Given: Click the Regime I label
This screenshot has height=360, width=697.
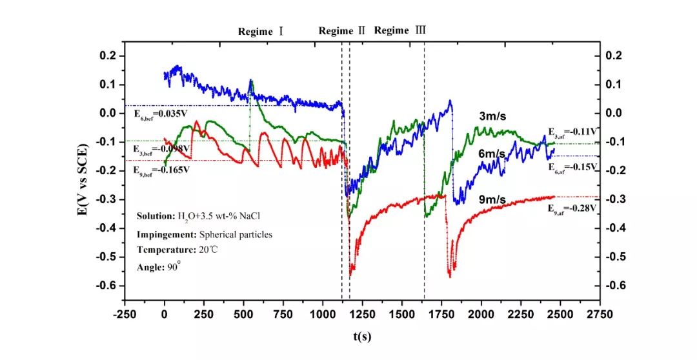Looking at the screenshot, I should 261,31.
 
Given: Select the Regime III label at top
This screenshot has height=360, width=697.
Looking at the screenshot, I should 400,30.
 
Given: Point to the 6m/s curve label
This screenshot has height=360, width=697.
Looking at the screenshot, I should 493,154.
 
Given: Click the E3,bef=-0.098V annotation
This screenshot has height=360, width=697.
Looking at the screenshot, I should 163,148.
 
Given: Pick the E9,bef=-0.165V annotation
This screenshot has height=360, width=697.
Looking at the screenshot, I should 162,170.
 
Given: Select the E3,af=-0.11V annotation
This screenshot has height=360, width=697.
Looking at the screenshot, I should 572,131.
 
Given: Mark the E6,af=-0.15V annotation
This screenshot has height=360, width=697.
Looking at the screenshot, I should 572,167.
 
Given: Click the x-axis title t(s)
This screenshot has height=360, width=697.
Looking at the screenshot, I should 362,336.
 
